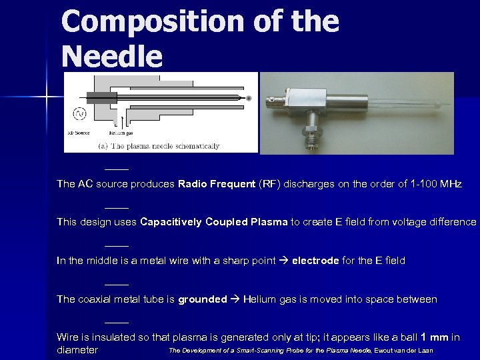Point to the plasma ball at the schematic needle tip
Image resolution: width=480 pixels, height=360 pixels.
pos(249,98)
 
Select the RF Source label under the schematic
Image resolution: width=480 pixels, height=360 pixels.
pos(79,131)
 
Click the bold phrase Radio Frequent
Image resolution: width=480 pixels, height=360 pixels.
pos(217,184)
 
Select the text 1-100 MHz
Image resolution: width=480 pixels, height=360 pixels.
pos(433,184)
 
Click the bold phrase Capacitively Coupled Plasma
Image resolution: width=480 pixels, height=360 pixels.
pos(214,222)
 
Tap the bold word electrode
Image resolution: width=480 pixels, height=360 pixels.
pos(315,261)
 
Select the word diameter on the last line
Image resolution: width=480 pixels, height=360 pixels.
pos(77,350)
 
